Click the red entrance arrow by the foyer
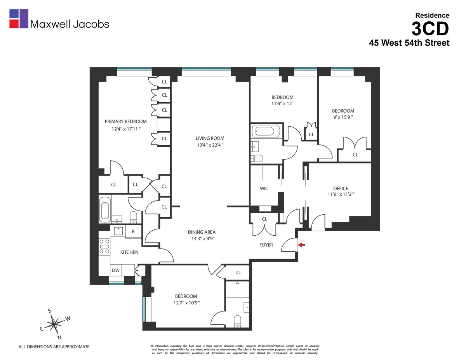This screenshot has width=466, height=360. click(x=302, y=245)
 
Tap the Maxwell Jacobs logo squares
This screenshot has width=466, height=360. click(x=19, y=19)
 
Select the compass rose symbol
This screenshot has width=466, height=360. click(x=55, y=323)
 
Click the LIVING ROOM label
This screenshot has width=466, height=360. click(x=210, y=138)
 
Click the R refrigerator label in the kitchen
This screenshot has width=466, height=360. click(x=133, y=231)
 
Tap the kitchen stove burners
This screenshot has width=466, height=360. click(x=104, y=246)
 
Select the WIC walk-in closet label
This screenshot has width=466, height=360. click(x=264, y=189)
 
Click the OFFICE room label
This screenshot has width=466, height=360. click(x=341, y=189)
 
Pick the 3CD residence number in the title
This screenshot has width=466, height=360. click(x=430, y=28)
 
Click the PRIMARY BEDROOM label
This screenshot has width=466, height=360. click(x=126, y=122)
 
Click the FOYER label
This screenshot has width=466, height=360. click(x=266, y=245)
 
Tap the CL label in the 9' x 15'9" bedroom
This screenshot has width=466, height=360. click(x=355, y=155)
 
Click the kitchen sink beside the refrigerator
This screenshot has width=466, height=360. click(x=118, y=231)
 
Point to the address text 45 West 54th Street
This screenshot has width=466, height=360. click(x=409, y=43)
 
